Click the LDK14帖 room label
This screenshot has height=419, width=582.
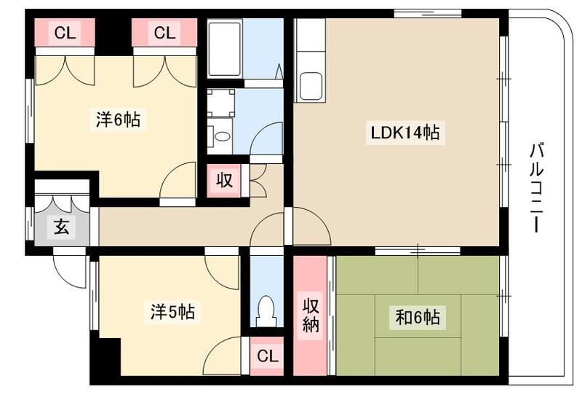[x=404, y=133]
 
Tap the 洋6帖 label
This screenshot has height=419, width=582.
[x=118, y=120]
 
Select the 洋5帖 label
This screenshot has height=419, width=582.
[x=172, y=313]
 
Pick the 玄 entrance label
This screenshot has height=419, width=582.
[x=61, y=227]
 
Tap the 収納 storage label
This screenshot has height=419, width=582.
[x=311, y=315]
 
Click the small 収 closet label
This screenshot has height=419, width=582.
[x=225, y=179]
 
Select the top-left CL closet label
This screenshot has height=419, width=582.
[x=65, y=33]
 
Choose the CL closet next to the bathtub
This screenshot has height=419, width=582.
[x=164, y=33]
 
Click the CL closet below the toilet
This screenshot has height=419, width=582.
[x=267, y=356]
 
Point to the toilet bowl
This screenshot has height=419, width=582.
[x=266, y=310]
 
